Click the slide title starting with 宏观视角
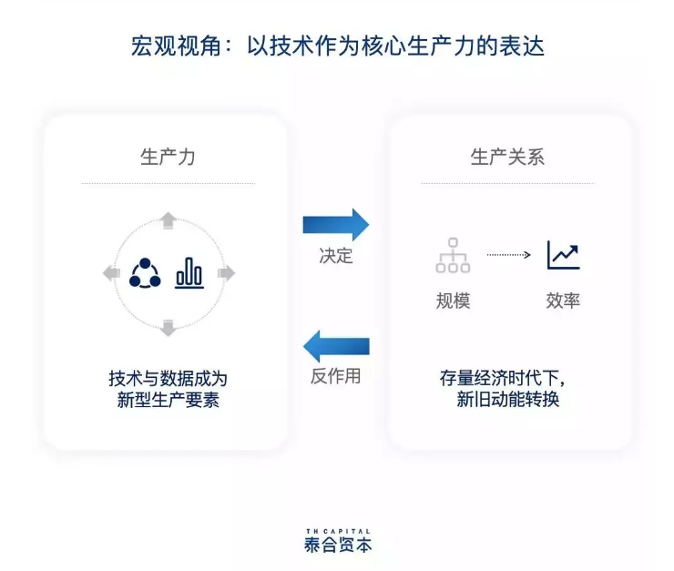point(337,46)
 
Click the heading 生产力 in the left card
point(168,157)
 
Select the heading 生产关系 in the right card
point(507,157)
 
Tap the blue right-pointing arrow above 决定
point(335,224)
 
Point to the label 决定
point(335,256)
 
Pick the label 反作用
point(335,376)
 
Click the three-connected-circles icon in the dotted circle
point(145,272)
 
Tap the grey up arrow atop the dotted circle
point(168,219)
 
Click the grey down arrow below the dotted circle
point(168,327)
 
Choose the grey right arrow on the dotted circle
point(226,272)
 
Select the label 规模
point(453,301)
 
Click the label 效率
point(563,301)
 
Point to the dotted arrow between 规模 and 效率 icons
point(508,255)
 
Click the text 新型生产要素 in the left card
point(168,400)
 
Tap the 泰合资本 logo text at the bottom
point(338,546)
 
